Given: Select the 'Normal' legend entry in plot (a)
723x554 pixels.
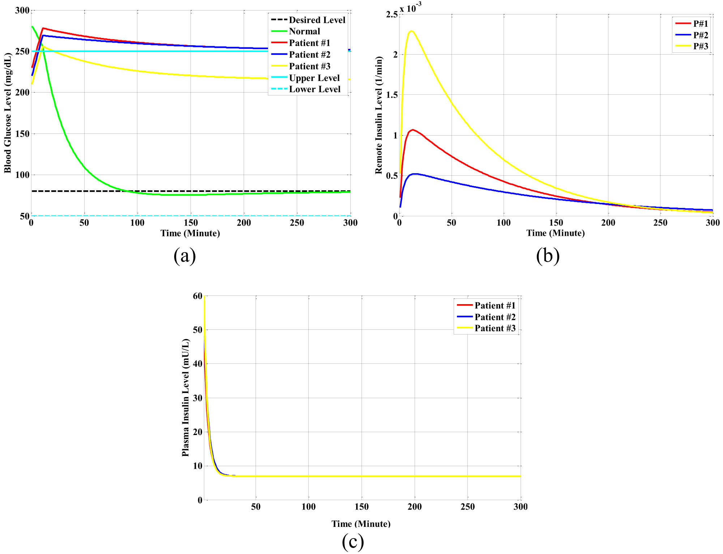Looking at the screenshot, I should click(x=304, y=31).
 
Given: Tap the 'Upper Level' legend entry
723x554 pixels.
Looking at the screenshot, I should click(x=314, y=78).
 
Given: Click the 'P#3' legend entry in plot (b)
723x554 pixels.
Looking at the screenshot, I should click(x=700, y=46).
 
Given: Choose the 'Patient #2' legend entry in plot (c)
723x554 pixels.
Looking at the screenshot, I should click(x=495, y=317).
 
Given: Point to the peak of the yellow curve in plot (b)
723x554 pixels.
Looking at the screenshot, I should click(x=411, y=31).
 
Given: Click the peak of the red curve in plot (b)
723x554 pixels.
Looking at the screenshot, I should click(x=412, y=129).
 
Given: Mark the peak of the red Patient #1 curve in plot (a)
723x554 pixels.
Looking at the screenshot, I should click(x=43, y=28).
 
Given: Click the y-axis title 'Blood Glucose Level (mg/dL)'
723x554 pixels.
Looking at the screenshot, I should click(x=8, y=113).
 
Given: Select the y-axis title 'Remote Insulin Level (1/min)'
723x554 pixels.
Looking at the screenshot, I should click(x=378, y=115).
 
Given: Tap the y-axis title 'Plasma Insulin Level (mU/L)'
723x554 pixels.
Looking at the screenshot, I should click(x=185, y=397).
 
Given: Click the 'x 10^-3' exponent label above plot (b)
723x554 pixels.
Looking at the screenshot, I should click(x=410, y=7).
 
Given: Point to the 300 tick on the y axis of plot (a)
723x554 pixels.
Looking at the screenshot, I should click(x=22, y=10).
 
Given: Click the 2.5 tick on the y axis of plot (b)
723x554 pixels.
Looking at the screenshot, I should click(x=392, y=14).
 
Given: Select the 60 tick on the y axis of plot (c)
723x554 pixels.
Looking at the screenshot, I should click(x=197, y=296).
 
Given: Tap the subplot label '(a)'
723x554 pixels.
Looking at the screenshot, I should click(x=185, y=256).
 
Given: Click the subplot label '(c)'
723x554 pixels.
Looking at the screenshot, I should click(x=352, y=541).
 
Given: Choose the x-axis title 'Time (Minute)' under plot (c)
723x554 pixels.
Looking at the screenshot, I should click(x=361, y=524).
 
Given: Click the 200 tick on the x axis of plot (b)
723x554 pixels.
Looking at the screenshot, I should click(x=608, y=223).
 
